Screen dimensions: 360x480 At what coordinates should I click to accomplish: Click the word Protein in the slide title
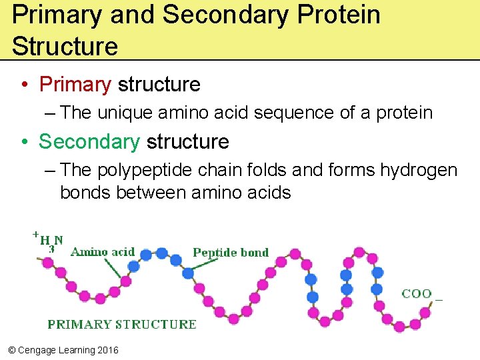(x=339, y=15)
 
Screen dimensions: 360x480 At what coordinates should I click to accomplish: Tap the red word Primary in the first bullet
(x=75, y=85)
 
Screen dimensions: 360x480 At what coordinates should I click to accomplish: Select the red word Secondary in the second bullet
(x=89, y=142)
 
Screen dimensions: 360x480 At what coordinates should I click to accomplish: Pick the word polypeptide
(x=145, y=170)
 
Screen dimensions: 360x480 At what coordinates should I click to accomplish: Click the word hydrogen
(x=419, y=170)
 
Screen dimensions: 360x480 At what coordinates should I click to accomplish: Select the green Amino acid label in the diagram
(x=103, y=252)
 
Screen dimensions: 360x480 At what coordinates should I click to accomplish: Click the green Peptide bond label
(x=231, y=252)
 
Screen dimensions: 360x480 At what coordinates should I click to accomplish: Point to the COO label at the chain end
(x=417, y=293)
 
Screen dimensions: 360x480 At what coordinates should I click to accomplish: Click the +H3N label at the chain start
(x=49, y=241)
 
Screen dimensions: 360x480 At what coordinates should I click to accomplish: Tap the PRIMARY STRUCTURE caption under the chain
(x=122, y=325)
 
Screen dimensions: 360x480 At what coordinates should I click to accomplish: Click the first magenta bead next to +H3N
(x=47, y=263)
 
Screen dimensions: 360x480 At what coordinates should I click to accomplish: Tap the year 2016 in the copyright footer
(x=107, y=350)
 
